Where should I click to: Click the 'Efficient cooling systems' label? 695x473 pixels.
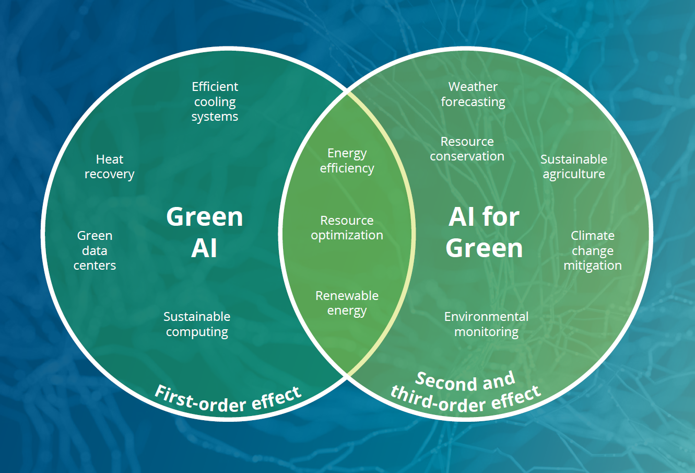click(215, 101)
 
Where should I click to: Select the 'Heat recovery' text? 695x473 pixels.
click(110, 167)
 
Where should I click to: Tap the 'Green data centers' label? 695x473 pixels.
click(95, 250)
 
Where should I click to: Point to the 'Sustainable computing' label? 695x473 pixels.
click(197, 324)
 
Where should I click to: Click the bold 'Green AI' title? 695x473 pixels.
click(205, 232)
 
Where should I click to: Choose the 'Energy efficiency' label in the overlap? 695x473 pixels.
click(347, 161)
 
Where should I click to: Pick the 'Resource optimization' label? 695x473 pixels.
click(347, 228)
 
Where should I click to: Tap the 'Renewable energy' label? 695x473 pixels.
click(347, 303)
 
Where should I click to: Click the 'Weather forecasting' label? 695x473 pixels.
click(473, 94)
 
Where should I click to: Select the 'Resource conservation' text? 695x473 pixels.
click(467, 149)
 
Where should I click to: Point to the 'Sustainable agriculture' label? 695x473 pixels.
click(574, 167)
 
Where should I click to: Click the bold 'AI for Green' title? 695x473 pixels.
click(484, 232)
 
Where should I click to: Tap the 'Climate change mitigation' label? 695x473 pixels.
click(593, 250)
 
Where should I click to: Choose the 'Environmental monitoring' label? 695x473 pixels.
click(486, 324)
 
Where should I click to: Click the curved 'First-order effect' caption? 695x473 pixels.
click(228, 400)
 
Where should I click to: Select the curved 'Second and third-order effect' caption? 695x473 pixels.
click(465, 392)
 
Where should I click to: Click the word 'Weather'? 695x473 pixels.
click(473, 87)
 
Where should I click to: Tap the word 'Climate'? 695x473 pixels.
click(593, 236)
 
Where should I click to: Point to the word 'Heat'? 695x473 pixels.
click(110, 159)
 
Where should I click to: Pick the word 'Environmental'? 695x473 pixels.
click(486, 317)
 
